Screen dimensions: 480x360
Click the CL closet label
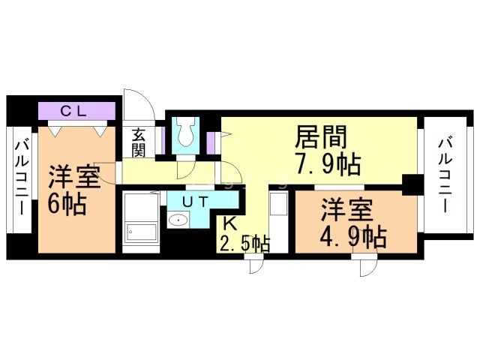click(x=73, y=112)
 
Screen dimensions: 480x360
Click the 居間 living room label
click(x=321, y=137)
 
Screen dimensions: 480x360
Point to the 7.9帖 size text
click(x=327, y=165)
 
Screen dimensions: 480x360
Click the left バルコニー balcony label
click(x=22, y=178)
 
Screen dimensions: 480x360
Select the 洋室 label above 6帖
click(x=74, y=177)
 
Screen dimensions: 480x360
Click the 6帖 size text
click(x=67, y=204)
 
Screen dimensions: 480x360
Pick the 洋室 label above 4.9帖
click(x=347, y=211)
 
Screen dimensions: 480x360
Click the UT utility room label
click(x=196, y=202)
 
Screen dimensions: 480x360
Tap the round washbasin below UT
click(x=178, y=220)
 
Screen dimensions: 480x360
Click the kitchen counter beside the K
click(x=278, y=222)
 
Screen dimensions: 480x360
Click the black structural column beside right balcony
click(x=412, y=184)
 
